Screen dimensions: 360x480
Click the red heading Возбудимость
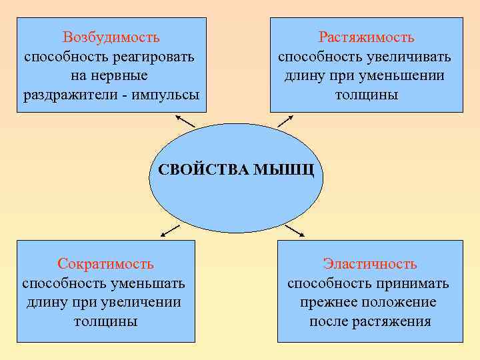tap(111, 37)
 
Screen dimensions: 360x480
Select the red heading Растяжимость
tap(366, 37)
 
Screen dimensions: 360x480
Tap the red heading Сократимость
tap(105, 264)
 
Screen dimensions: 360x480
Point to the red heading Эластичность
tap(370, 264)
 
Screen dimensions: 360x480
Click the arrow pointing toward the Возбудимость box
tap(185, 121)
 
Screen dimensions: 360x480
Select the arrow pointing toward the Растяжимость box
tap(285, 120)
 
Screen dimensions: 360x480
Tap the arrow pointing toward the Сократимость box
tap(170, 231)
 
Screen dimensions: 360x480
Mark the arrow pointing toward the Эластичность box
tap(294, 231)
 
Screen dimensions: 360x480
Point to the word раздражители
tap(67, 94)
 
